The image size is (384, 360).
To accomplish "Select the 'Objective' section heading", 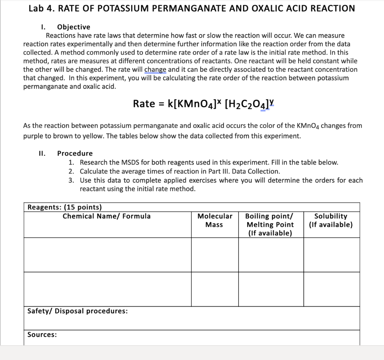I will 73,27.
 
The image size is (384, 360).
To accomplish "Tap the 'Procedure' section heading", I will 75,153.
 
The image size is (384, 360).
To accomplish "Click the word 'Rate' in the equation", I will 144,104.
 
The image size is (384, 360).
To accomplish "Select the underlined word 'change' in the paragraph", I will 156,70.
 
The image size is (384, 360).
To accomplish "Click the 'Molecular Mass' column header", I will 214,220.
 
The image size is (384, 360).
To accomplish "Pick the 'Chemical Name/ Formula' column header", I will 106,216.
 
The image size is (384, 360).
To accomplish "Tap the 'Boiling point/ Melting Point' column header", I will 270,225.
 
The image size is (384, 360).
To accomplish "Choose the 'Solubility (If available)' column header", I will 331,220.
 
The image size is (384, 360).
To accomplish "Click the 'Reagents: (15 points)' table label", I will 64,207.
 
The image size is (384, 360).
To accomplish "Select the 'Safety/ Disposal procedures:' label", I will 77,311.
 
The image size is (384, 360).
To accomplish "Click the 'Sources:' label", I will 42,334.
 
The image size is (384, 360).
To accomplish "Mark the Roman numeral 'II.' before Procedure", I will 42,153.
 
